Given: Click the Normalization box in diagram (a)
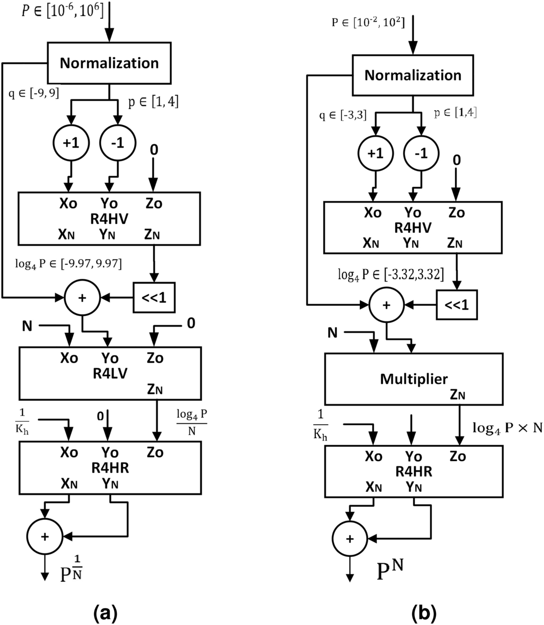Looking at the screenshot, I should tap(109, 63).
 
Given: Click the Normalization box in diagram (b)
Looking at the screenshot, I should tap(412, 75).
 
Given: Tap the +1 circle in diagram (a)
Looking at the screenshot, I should tap(71, 143).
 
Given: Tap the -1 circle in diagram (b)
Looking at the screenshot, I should tap(421, 153).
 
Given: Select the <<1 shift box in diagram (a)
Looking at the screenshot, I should tap(154, 298).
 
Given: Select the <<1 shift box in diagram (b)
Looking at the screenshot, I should tap(456, 305).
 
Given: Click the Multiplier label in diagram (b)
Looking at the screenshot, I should tap(414, 379).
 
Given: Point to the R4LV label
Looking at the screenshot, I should tap(110, 374).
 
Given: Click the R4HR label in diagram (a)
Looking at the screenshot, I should tap(110, 468).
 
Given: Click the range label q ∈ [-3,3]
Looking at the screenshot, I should tap(343, 115).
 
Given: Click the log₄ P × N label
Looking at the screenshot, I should tap(507, 428).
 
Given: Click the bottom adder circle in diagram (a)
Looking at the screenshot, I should tap(44, 537).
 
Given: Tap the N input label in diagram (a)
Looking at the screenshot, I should tap(28, 326).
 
